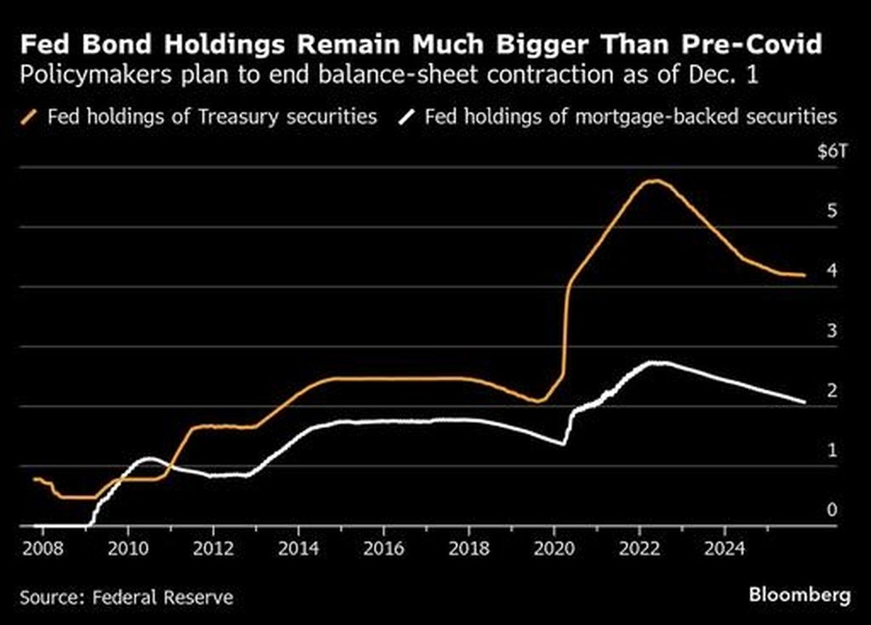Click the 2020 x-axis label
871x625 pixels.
click(x=554, y=547)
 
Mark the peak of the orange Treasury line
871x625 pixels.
click(x=655, y=180)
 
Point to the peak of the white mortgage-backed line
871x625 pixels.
click(x=657, y=362)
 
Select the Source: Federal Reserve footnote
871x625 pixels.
click(x=126, y=597)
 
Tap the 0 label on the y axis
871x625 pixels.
click(x=832, y=510)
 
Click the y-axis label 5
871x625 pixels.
click(x=832, y=211)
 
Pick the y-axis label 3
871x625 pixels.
click(x=832, y=331)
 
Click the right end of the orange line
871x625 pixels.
click(x=803, y=275)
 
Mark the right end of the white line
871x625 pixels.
click(x=804, y=402)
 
